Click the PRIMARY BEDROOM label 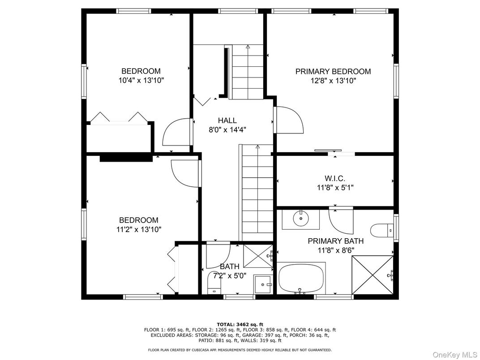(x=333, y=71)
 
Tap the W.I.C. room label (x=334, y=179)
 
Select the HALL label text (x=227, y=120)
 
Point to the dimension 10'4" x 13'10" (x=141, y=81)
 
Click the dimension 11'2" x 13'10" (x=138, y=229)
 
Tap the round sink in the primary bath (x=300, y=219)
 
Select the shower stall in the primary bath (x=373, y=274)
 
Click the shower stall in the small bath (x=257, y=257)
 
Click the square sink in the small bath (x=262, y=284)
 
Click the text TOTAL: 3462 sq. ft (x=240, y=324)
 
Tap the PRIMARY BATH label (x=335, y=241)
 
